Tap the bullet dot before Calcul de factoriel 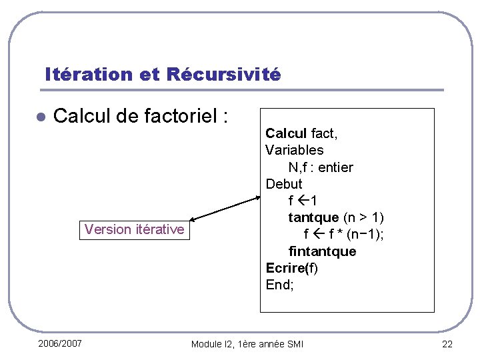[x=40, y=117]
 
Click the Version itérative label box [x=134, y=229]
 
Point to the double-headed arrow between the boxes [x=223, y=208]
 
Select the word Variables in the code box [x=294, y=150]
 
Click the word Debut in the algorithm [x=283, y=183]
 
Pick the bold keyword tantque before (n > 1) [x=313, y=217]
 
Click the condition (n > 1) [x=363, y=217]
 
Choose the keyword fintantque [x=322, y=251]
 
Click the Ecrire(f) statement [x=292, y=268]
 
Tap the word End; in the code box [x=279, y=285]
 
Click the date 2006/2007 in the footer [x=60, y=343]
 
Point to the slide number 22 [x=446, y=344]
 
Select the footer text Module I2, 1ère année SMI [x=247, y=344]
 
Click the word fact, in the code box [x=325, y=133]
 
